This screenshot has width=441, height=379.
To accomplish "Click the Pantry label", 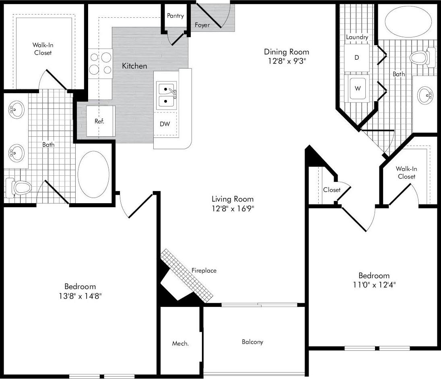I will tap(175, 16).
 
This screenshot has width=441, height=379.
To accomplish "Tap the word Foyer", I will tap(202, 25).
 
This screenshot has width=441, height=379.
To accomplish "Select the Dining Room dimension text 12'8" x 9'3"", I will tap(286, 61).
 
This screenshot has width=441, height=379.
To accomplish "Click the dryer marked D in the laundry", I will tap(357, 58).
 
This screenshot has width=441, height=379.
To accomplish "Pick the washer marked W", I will tap(357, 87).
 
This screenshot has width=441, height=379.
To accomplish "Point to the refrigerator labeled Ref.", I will tap(99, 121).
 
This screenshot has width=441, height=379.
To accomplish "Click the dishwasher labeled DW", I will tap(165, 124).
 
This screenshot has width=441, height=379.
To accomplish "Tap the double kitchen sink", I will tap(166, 95).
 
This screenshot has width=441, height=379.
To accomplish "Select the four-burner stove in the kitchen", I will tap(100, 63).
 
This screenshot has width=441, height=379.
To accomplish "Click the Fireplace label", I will tap(204, 271).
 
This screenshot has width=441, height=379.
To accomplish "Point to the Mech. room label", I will tap(181, 344).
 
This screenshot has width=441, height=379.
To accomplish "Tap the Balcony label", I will tap(252, 342).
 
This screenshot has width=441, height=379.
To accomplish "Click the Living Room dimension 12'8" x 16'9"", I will tap(233, 209).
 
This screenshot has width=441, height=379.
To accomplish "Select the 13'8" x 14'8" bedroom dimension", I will tap(80, 296).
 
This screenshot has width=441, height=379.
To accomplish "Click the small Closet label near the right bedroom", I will tap(332, 190).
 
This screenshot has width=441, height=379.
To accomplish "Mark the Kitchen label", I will tap(134, 66).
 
